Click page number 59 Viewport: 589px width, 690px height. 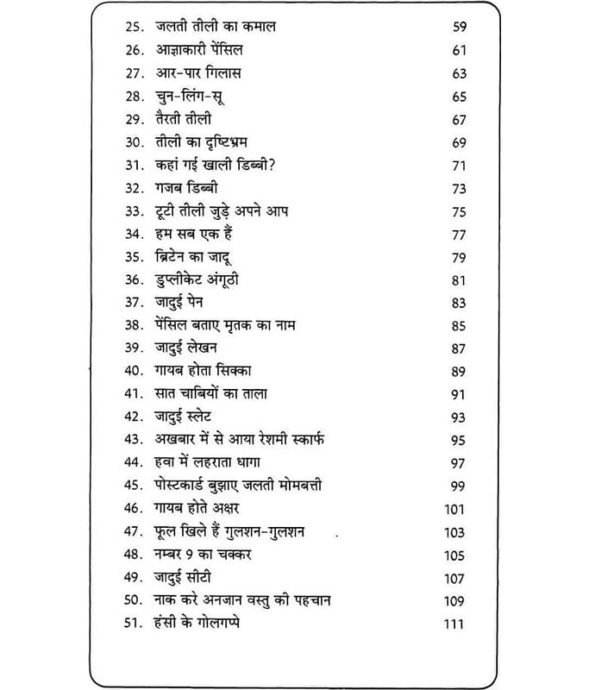459,28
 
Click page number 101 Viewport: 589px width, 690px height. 454,510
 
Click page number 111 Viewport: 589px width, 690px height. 454,624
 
